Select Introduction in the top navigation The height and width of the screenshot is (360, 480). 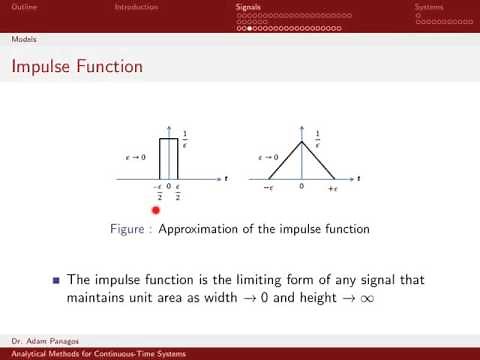tap(135, 7)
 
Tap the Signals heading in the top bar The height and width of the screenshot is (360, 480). tap(249, 7)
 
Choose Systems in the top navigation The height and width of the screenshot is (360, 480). tap(429, 7)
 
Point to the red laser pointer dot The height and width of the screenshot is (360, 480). tap(156, 209)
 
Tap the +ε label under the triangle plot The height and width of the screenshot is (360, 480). tap(335, 188)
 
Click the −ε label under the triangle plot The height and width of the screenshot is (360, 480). tap(268, 188)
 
